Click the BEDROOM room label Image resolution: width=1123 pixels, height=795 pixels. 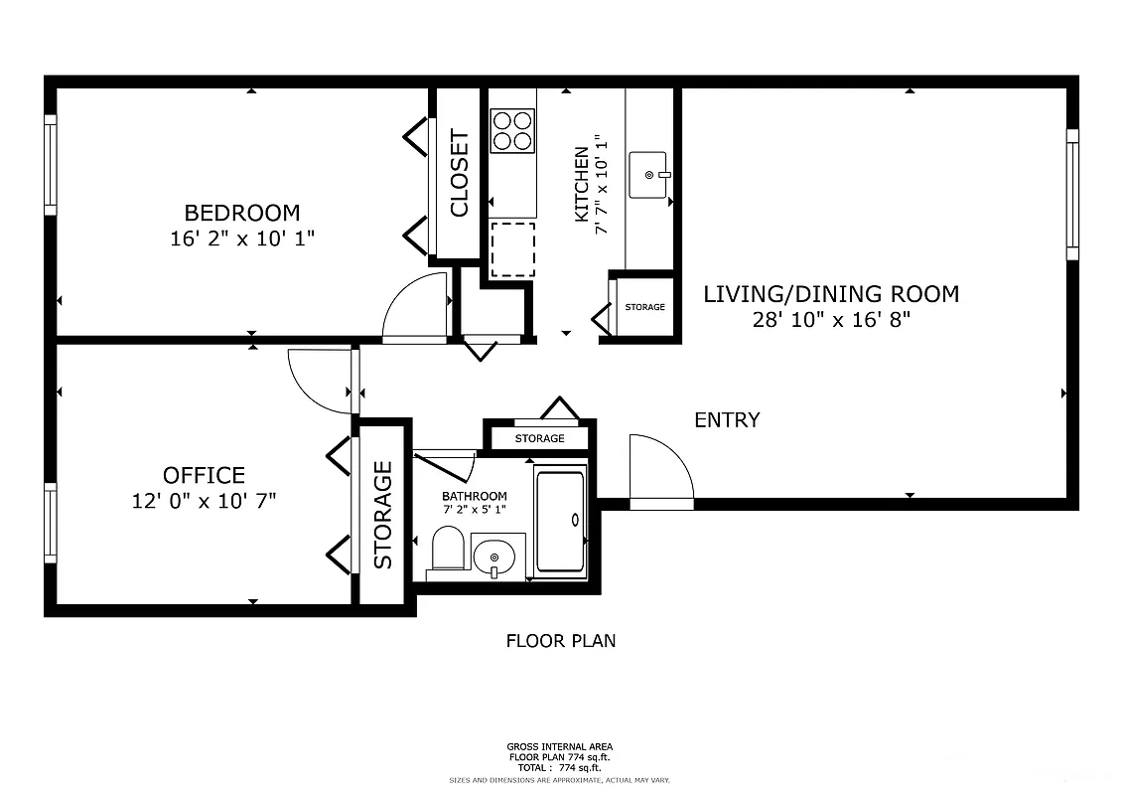point(241,213)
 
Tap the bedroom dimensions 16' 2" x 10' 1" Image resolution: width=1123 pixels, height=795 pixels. point(241,238)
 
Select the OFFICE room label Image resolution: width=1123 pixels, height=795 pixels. point(204,475)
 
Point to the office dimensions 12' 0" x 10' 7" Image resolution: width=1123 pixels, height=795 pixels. point(204,501)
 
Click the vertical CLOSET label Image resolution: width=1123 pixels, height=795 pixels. point(459,173)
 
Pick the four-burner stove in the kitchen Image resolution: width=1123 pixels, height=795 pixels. point(512,130)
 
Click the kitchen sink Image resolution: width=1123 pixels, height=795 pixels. point(650,175)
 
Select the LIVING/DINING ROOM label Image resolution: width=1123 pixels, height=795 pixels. point(831,294)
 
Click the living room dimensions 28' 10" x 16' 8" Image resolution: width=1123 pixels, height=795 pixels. point(831,320)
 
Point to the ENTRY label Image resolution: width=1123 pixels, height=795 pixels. point(727,420)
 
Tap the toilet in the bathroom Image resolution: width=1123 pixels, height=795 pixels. point(448,550)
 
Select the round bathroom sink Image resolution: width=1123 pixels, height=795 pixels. point(493,557)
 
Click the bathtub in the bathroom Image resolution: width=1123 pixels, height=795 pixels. point(560,522)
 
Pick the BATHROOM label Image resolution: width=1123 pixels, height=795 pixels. point(474,496)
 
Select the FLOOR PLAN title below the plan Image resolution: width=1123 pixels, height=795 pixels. point(561,641)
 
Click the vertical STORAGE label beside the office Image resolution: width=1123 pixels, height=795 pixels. point(382,515)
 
